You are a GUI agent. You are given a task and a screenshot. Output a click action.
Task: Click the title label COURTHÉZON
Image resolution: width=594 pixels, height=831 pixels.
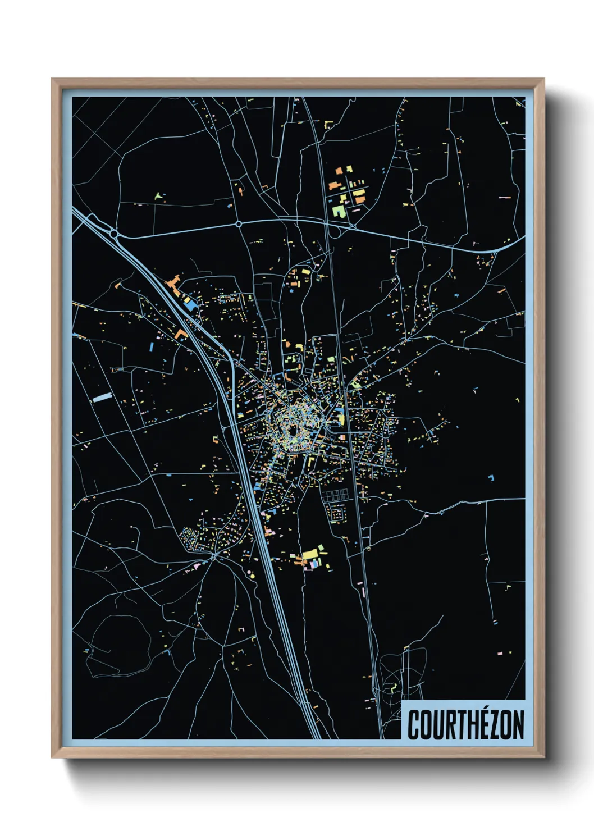pyautogui.click(x=465, y=725)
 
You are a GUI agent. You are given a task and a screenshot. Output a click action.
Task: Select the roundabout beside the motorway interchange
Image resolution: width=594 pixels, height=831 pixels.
pyautogui.click(x=113, y=232)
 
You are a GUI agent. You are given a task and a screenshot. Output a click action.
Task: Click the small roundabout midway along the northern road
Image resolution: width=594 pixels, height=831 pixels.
pyautogui.click(x=239, y=223)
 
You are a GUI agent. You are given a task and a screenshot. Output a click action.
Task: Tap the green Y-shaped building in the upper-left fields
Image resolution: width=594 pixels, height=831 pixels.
pyautogui.click(x=159, y=197)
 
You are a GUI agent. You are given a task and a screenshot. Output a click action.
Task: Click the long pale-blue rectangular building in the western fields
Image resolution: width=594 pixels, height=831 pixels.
pyautogui.click(x=102, y=397)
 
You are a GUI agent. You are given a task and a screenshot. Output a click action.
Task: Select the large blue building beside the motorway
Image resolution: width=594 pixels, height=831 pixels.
pyautogui.click(x=192, y=304)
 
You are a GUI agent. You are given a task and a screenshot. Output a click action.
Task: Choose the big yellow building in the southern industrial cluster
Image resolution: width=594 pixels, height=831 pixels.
pyautogui.click(x=311, y=555)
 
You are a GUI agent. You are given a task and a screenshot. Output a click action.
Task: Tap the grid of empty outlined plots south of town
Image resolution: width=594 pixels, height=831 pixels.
pyautogui.click(x=336, y=495)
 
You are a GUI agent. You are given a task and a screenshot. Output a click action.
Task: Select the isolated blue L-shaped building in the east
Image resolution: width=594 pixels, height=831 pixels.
pyautogui.click(x=491, y=478)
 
